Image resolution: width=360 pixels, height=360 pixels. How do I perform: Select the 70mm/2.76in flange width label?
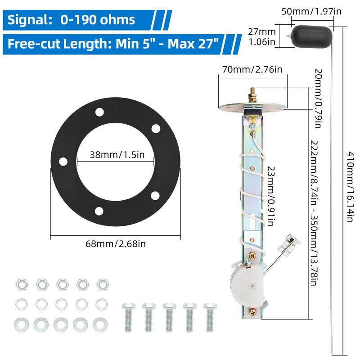(252, 70)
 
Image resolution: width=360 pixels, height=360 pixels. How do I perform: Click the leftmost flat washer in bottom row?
(20, 323)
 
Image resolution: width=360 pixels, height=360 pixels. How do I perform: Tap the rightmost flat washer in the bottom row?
(98, 323)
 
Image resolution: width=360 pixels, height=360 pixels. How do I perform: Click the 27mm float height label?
(262, 36)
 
